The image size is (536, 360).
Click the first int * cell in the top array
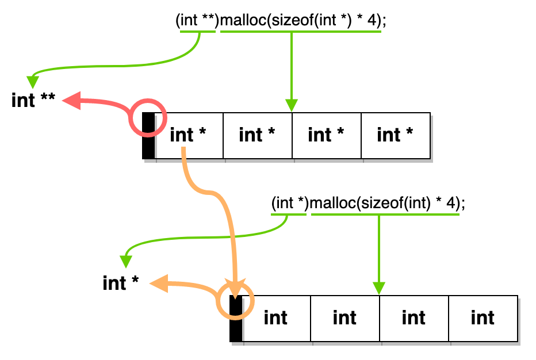(x=189, y=136)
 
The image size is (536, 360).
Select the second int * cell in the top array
(x=257, y=136)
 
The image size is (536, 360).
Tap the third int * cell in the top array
(x=326, y=136)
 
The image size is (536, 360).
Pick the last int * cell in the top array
(x=395, y=136)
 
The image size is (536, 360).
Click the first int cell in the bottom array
(x=276, y=318)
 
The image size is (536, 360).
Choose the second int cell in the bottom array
(x=345, y=318)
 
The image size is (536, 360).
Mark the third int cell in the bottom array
(x=414, y=318)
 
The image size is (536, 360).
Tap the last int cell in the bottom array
(x=483, y=318)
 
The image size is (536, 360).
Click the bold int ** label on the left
(x=33, y=100)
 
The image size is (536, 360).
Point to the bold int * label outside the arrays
(x=121, y=283)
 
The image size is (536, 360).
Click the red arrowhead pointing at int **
(x=71, y=101)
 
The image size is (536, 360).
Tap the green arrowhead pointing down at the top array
(x=292, y=105)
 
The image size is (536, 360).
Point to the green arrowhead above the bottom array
(x=378, y=288)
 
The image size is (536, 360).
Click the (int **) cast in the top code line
(x=197, y=21)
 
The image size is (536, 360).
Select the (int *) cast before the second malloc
(x=290, y=204)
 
